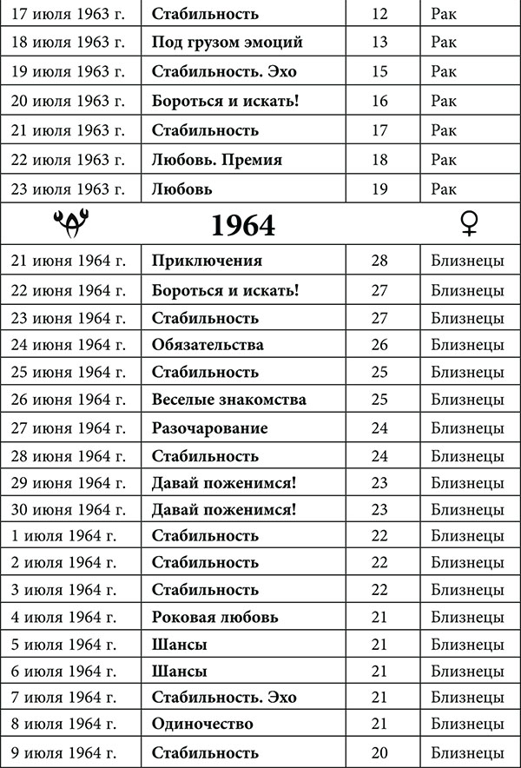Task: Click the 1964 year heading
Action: click(243, 225)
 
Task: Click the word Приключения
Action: click(207, 261)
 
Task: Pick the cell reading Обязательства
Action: click(208, 345)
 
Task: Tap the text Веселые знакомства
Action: click(228, 401)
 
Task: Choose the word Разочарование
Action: click(209, 428)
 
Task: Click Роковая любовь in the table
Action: click(214, 618)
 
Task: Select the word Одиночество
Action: click(202, 724)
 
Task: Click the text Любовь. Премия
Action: click(216, 160)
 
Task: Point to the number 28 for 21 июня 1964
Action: click(379, 261)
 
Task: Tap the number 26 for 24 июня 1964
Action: click(379, 345)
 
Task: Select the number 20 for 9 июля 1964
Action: click(379, 752)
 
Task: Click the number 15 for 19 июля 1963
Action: click(379, 71)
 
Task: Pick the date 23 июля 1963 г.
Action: click(68, 189)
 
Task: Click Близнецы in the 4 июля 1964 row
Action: click(467, 618)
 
